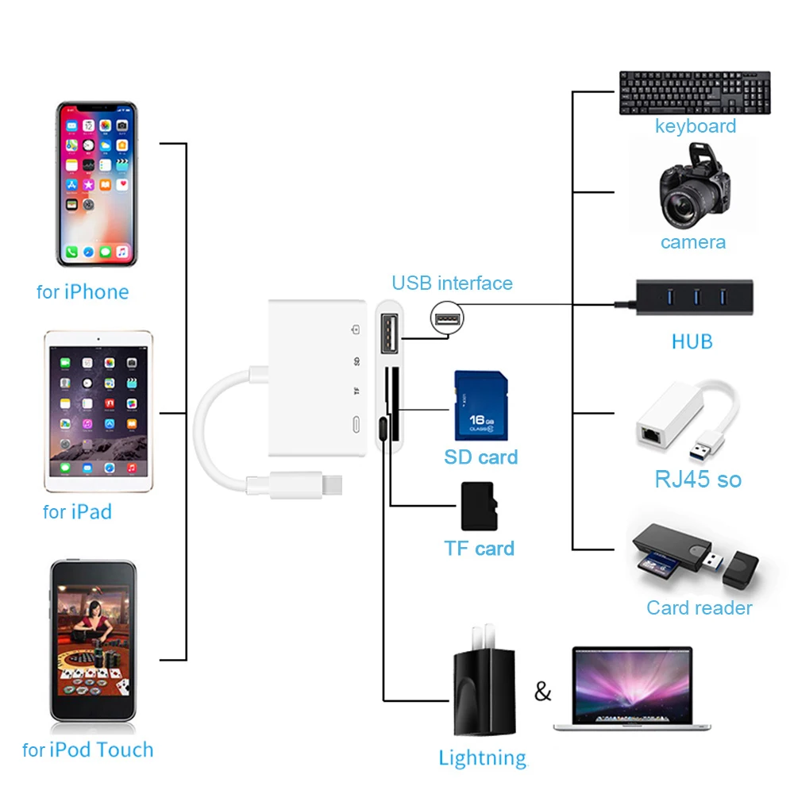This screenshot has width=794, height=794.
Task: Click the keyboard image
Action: coord(695,93)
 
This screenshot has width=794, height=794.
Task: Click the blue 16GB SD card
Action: coord(481,406)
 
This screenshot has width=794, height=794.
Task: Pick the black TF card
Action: coord(479,506)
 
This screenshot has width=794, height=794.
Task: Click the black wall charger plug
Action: coord(484,680)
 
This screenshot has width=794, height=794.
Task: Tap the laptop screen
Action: coord(632,684)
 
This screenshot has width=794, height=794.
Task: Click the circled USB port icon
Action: coord(446,318)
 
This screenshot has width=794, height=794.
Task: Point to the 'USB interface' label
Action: coord(453,283)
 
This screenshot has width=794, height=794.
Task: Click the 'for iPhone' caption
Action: coord(83,292)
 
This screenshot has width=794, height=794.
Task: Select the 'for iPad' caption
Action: coord(77,512)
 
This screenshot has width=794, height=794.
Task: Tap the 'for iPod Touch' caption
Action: coord(87,750)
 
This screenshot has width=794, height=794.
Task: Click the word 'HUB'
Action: coord(692,341)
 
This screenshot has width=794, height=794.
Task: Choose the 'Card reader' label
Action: coord(700,607)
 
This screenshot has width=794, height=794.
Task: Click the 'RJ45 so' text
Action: coord(698,479)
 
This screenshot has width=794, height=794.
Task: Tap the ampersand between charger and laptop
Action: coord(542,692)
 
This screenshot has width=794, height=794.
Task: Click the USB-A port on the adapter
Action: coord(389,333)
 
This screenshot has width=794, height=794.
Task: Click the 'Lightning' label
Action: coord(483,758)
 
